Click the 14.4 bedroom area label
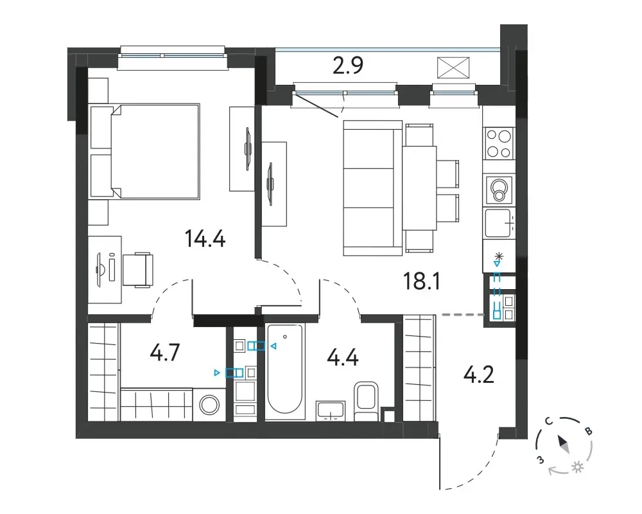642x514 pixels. [x=205, y=238]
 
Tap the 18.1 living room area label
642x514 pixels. [x=422, y=281]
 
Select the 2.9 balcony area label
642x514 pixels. [x=347, y=65]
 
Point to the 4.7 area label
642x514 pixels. [x=164, y=353]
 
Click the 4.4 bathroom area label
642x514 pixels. [x=343, y=357]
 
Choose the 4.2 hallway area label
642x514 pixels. [x=479, y=375]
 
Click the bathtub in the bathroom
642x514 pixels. [x=286, y=372]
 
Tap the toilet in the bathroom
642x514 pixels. [x=366, y=402]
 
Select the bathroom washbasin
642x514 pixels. [x=330, y=411]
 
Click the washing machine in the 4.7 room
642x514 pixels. [x=209, y=405]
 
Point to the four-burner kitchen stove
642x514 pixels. [x=499, y=143]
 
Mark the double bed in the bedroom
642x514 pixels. [x=145, y=151]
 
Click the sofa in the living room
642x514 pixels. [x=372, y=188]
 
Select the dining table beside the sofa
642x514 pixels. [x=419, y=188]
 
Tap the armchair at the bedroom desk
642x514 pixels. [x=138, y=269]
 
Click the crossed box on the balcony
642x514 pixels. [x=453, y=67]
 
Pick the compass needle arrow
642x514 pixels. [x=564, y=445]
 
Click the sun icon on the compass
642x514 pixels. [x=578, y=467]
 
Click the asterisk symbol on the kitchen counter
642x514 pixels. [x=498, y=257]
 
